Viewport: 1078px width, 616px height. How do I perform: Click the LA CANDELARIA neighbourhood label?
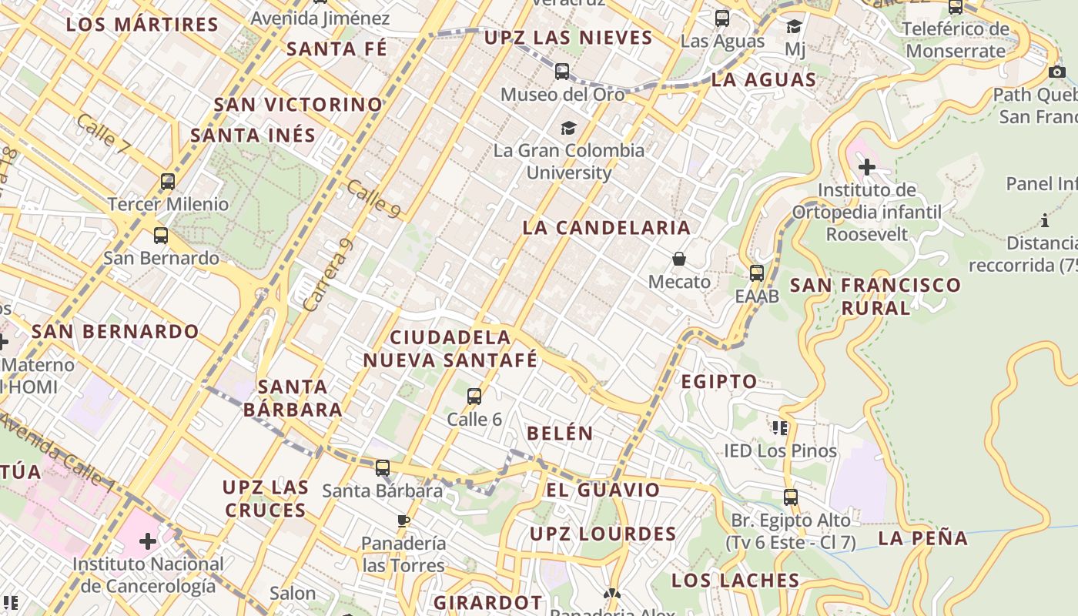pos(606,228)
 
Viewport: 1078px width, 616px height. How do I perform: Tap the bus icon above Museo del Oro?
pos(562,72)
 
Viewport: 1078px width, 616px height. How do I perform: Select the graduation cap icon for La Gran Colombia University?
pos(568,128)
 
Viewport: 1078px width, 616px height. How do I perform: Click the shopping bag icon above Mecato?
pos(678,259)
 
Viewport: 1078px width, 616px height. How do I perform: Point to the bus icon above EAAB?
pos(757,273)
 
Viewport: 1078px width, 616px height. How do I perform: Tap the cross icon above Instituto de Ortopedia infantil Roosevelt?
pos(867,166)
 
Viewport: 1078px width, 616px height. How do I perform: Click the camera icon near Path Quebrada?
pos(1057,72)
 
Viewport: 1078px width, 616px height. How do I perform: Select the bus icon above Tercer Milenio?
pos(168,182)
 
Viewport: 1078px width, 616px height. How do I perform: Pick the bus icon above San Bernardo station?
pos(161,236)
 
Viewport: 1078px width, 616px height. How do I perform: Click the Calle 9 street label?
pos(373,199)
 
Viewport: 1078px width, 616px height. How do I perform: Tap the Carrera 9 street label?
pos(328,275)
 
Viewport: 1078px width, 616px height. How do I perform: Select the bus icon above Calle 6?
pos(474,397)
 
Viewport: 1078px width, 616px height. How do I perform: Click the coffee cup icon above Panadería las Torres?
pos(403,521)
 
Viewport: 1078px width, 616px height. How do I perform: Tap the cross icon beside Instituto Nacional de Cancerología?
pos(147,541)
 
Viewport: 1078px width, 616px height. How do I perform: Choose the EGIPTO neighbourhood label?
pos(719,382)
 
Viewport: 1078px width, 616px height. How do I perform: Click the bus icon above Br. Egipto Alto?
pos(790,497)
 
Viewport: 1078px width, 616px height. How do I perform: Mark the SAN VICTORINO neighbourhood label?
pos(298,105)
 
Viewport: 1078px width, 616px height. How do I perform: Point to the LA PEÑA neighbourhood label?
pos(923,538)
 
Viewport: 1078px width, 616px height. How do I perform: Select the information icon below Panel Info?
pos(1045,221)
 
